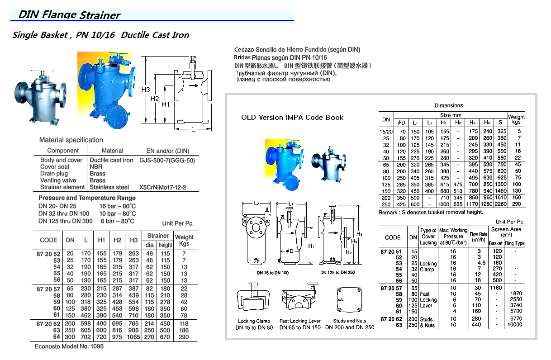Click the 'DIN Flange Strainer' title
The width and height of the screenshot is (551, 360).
pos(69,14)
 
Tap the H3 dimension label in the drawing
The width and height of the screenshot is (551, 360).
pos(146,90)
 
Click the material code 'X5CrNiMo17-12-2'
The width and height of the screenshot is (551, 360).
pos(163,187)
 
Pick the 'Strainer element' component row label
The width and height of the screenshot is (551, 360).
pos(62,187)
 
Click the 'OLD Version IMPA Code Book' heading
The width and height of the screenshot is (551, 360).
pos(292,118)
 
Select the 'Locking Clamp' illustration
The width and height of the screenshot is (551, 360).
pos(253,302)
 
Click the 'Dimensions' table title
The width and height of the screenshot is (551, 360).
pos(449,105)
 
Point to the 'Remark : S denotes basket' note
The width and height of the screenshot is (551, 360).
pos(431,212)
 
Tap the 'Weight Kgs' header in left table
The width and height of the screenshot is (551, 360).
pos(184,240)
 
